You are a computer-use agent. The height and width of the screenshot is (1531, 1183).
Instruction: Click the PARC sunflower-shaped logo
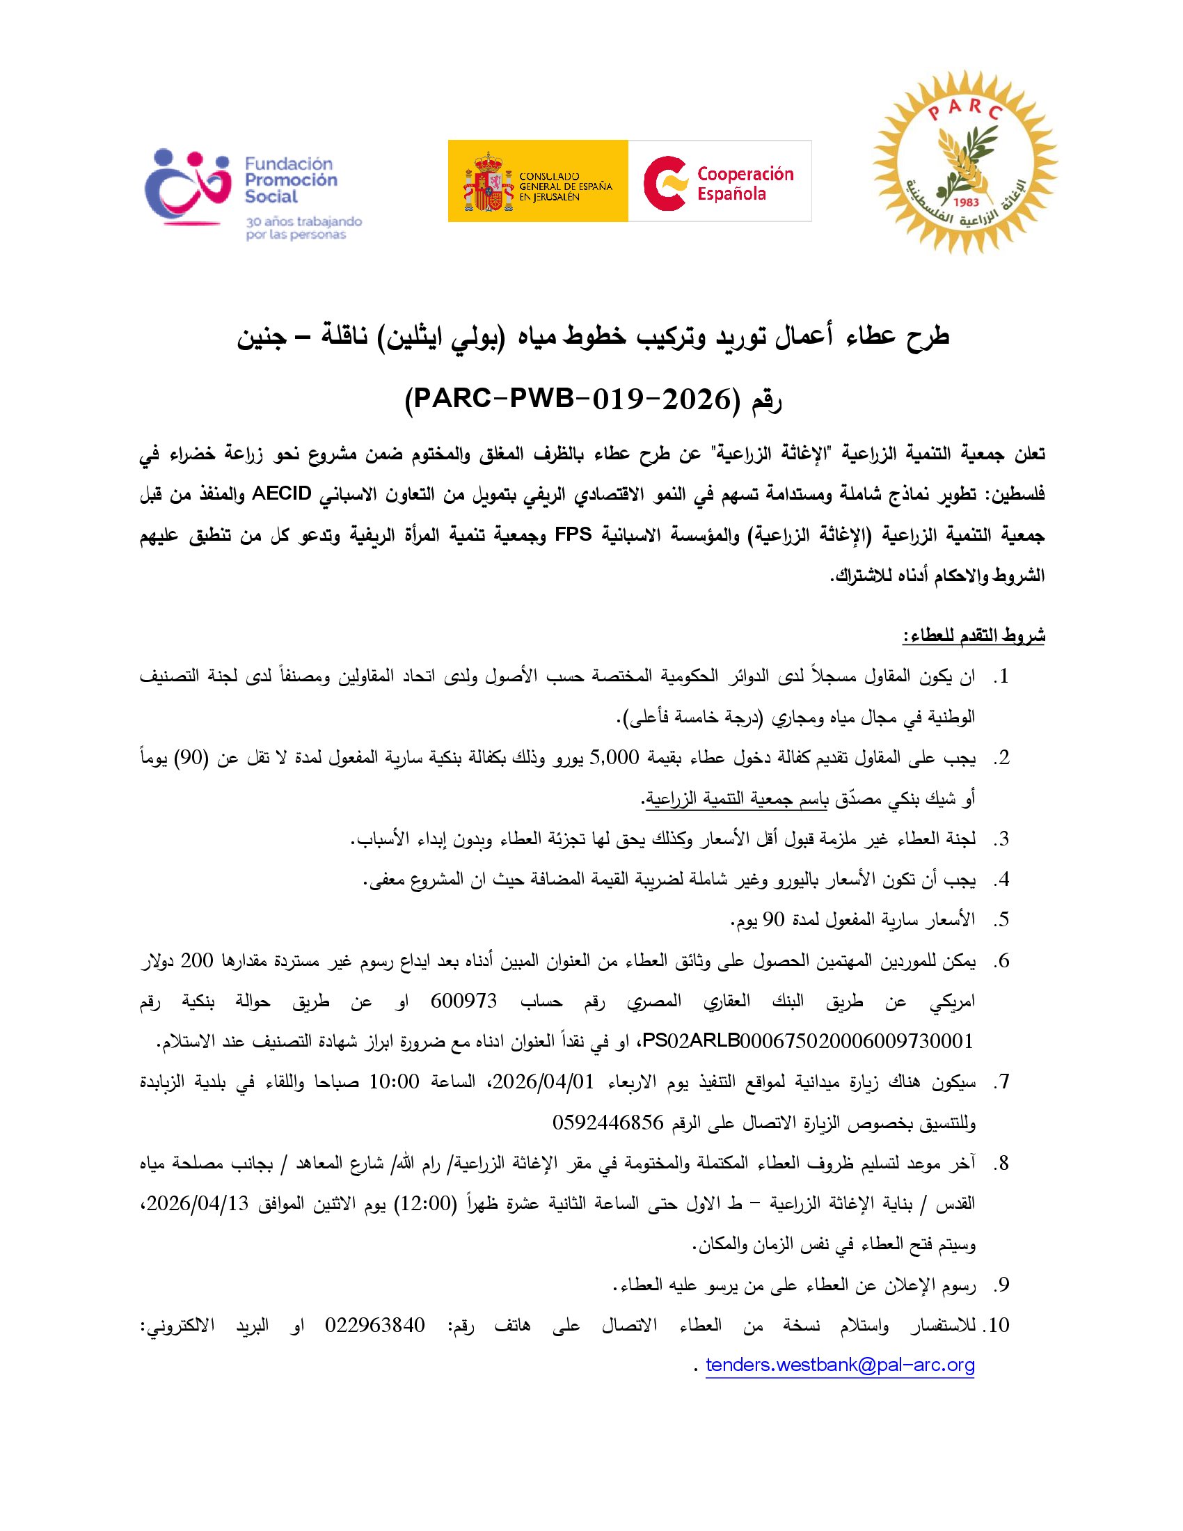[964, 161]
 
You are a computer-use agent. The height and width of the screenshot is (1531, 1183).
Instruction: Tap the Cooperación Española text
[745, 183]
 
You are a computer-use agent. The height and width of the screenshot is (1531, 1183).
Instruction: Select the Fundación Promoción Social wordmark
[290, 180]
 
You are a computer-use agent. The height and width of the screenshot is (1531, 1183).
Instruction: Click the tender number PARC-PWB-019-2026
[569, 399]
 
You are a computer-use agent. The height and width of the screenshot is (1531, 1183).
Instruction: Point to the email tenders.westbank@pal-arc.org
[840, 1365]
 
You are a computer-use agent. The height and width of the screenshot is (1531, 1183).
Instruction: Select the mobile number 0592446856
[608, 1123]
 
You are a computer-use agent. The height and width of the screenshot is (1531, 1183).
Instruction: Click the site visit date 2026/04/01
[543, 1082]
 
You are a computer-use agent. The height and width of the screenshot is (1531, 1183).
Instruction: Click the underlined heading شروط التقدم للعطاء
[974, 636]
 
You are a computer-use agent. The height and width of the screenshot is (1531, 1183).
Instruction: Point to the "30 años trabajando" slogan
[303, 221]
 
